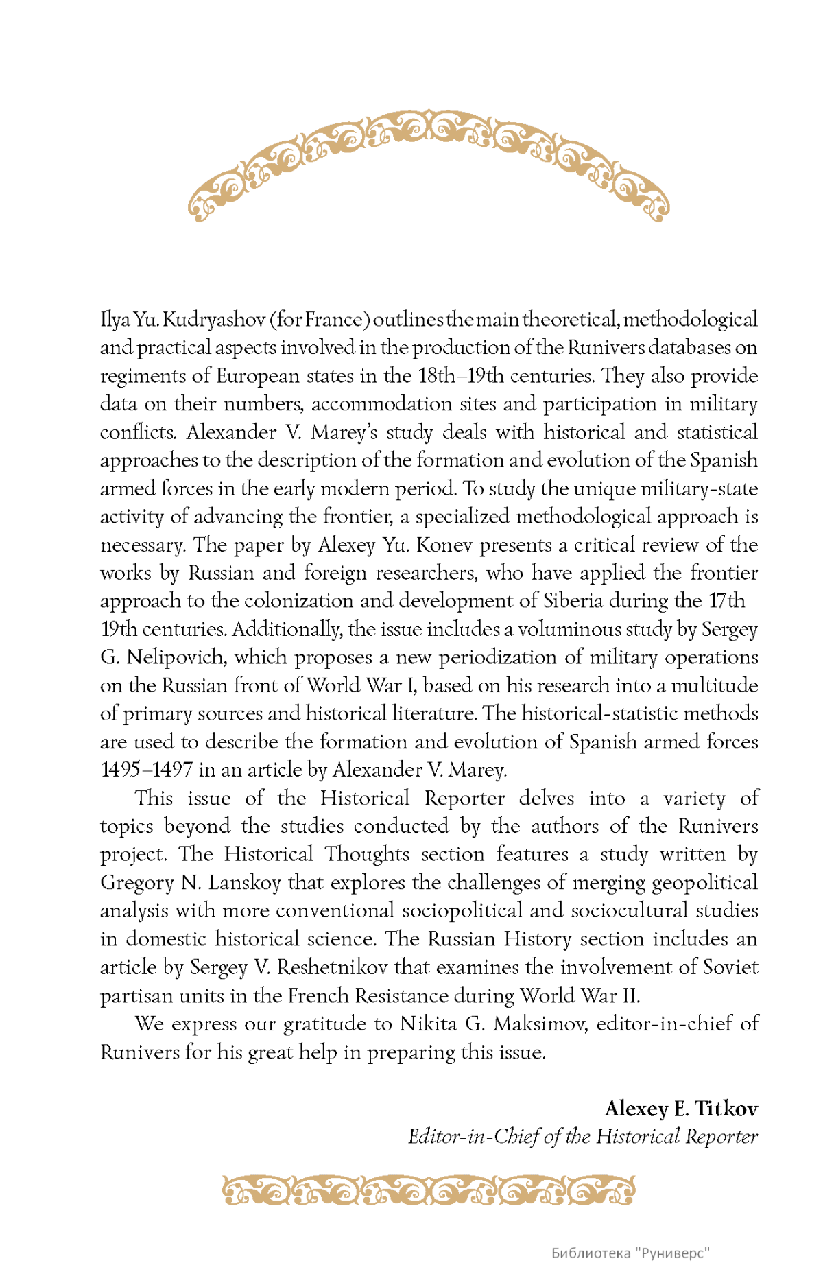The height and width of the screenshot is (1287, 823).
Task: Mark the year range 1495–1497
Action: (x=146, y=770)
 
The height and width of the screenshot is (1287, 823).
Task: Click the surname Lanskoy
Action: (x=244, y=883)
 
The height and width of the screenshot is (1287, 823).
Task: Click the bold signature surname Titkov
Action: (x=726, y=1109)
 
